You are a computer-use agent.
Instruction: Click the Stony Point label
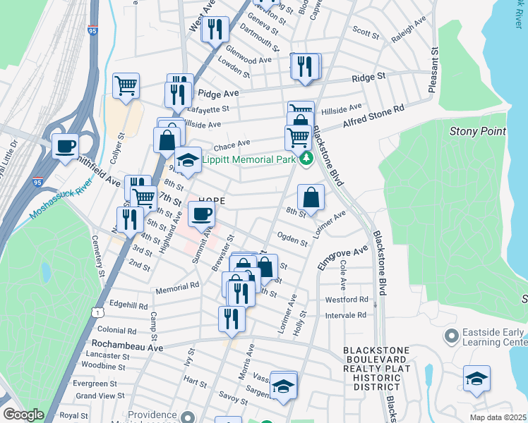click(478, 131)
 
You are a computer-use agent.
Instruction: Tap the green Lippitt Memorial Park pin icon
click(306, 159)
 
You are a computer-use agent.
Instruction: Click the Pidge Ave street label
click(219, 93)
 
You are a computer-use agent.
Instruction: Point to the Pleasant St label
click(433, 68)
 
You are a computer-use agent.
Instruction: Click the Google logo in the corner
click(23, 415)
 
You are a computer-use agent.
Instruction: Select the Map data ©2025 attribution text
click(497, 417)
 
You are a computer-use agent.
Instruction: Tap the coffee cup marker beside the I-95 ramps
click(65, 147)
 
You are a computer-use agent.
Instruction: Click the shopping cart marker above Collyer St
click(126, 86)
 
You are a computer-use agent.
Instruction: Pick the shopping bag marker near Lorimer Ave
click(311, 197)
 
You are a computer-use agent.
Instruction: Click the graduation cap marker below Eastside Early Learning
click(477, 378)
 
